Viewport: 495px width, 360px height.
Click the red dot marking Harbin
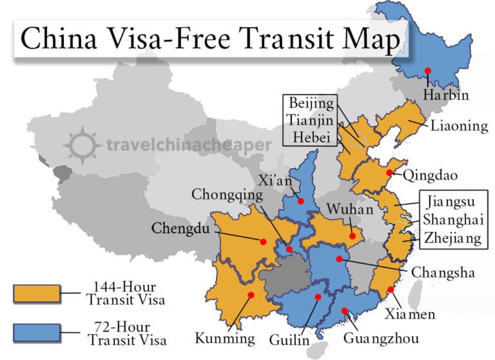click(427, 70)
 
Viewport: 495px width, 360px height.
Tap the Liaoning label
click(459, 126)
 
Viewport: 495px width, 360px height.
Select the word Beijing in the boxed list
click(312, 104)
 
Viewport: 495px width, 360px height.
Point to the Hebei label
click(311, 136)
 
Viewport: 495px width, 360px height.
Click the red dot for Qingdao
click(389, 173)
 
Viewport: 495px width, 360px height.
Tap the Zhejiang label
click(452, 238)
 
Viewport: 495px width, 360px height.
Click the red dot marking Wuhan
click(353, 236)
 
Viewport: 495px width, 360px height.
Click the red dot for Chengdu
click(263, 242)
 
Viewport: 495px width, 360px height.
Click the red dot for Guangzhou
click(345, 311)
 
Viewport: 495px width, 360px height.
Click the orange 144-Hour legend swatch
click(37, 294)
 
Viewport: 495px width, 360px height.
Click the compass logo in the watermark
click(82, 144)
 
